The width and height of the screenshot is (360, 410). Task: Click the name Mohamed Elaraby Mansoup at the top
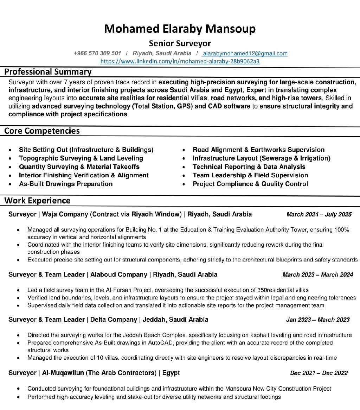click(180, 29)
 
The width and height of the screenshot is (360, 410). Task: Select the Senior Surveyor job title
click(180, 44)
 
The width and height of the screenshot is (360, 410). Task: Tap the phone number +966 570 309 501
click(97, 53)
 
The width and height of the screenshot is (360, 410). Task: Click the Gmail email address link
click(245, 53)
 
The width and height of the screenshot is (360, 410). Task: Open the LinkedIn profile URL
click(180, 62)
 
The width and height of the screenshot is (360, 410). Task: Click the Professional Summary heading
click(48, 72)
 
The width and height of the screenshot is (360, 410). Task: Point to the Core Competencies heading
click(42, 131)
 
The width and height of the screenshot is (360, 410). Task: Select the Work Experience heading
click(37, 201)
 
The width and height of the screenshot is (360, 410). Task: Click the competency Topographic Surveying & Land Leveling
click(81, 158)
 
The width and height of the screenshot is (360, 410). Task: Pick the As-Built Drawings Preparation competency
click(66, 184)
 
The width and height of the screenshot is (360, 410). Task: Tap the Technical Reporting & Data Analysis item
click(249, 167)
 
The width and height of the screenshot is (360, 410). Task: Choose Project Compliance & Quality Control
click(250, 184)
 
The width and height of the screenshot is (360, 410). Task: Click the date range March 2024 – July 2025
click(319, 214)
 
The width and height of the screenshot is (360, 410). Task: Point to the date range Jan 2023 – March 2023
click(318, 320)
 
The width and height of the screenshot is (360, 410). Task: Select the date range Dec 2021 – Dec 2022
click(319, 373)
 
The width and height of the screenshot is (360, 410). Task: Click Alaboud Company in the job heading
click(118, 275)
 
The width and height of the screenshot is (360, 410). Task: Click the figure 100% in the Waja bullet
click(341, 230)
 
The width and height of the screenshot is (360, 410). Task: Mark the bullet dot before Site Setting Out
click(12, 150)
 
